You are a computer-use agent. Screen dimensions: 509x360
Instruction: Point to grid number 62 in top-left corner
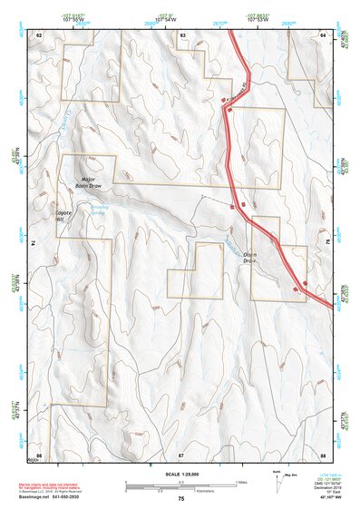[x=39, y=34]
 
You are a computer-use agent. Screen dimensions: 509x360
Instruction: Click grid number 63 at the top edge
[x=183, y=34]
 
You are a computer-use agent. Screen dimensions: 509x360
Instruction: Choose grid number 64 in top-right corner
[x=323, y=34]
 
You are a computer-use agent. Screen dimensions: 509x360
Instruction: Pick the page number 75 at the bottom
[x=181, y=499]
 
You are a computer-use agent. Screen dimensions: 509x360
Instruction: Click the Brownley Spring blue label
[x=99, y=208]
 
